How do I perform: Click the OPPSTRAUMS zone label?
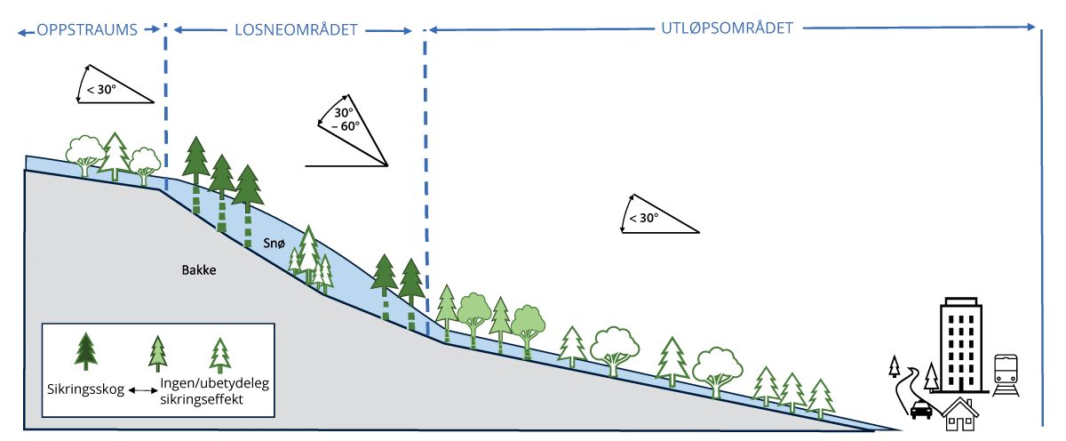point(86,29)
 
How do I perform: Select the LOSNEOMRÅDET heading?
point(295,29)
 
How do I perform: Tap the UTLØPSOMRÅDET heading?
point(727,28)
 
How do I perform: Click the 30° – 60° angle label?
point(346,120)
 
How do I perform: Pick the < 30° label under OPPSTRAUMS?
point(101,89)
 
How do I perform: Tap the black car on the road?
point(921,410)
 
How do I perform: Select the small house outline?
point(960,414)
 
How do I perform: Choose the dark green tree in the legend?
point(85,350)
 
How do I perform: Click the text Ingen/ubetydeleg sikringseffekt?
point(213,392)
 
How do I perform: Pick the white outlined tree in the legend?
point(219,355)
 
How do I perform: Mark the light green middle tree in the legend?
point(158,353)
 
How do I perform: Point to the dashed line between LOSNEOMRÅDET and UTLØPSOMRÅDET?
point(426,178)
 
